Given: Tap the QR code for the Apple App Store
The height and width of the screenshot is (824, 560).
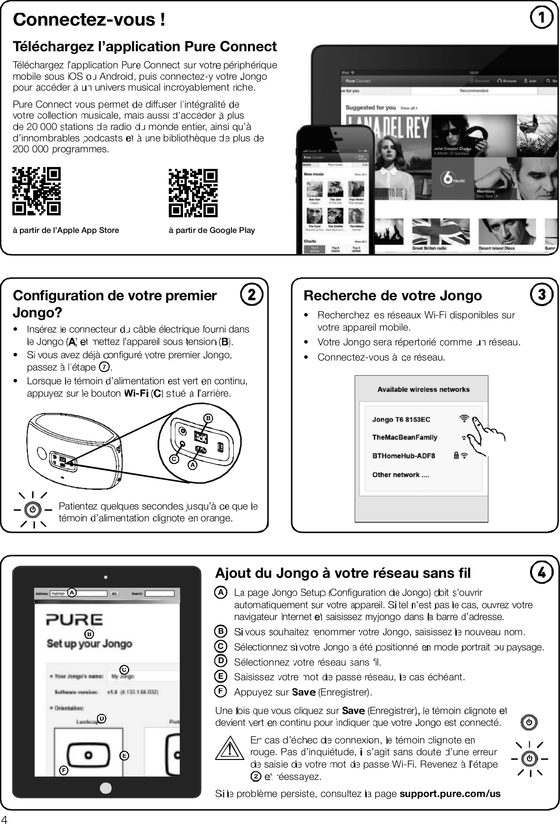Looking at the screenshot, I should pyautogui.click(x=37, y=191).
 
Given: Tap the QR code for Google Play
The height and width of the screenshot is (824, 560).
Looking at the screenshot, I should pyautogui.click(x=193, y=192).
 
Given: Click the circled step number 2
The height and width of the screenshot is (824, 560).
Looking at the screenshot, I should pyautogui.click(x=251, y=295).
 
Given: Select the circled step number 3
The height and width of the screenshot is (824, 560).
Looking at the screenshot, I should pyautogui.click(x=542, y=295).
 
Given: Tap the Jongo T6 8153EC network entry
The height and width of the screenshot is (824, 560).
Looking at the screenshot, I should pyautogui.click(x=401, y=419).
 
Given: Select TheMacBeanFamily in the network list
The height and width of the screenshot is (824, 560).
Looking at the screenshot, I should pyautogui.click(x=404, y=437).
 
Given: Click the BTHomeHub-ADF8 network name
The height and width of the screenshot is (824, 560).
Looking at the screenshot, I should pyautogui.click(x=404, y=456).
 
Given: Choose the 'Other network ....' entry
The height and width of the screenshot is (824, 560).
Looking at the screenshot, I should pyautogui.click(x=401, y=474).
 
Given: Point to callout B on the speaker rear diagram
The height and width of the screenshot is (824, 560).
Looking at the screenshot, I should pyautogui.click(x=207, y=418).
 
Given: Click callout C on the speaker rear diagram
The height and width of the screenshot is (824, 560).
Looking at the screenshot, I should pyautogui.click(x=174, y=459).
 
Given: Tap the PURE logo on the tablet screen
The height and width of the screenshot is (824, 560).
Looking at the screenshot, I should pyautogui.click(x=74, y=620).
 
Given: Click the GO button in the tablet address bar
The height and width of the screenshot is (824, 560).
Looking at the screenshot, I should pyautogui.click(x=114, y=593).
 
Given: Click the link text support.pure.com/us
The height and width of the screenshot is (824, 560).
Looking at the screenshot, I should pyautogui.click(x=450, y=794).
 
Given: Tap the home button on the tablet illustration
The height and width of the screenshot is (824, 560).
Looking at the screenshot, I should pyautogui.click(x=106, y=788).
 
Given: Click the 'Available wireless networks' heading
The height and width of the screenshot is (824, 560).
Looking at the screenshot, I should pyautogui.click(x=423, y=389).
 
